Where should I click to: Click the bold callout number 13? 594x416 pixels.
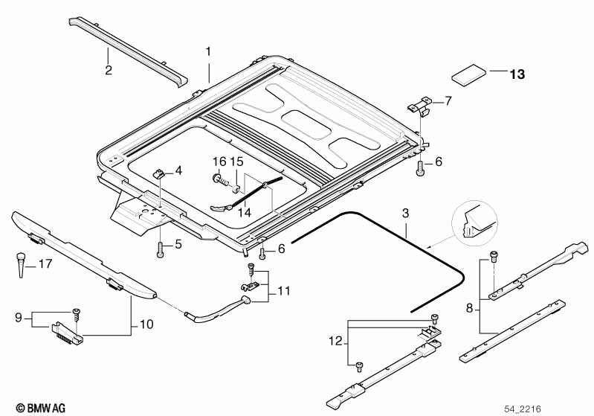(517, 74)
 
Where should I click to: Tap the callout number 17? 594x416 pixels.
(45, 263)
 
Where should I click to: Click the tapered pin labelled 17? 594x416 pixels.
(21, 265)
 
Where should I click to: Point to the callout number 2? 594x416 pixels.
(109, 70)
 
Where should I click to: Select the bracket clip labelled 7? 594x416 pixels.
(420, 106)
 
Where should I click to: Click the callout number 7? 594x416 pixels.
(448, 101)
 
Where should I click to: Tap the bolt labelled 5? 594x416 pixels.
(161, 249)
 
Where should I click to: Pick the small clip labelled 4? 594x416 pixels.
(159, 174)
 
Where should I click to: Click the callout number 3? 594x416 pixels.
(406, 213)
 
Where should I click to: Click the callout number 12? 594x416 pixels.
(335, 342)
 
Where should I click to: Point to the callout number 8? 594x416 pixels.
(470, 309)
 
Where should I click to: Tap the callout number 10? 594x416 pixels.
(146, 324)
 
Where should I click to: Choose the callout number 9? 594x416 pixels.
(19, 318)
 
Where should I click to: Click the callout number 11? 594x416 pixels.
(284, 291)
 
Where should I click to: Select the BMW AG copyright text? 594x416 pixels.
(41, 408)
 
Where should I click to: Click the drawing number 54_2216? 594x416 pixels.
(523, 409)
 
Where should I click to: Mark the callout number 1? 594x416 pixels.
(208, 51)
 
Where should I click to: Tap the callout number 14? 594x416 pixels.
(245, 212)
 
